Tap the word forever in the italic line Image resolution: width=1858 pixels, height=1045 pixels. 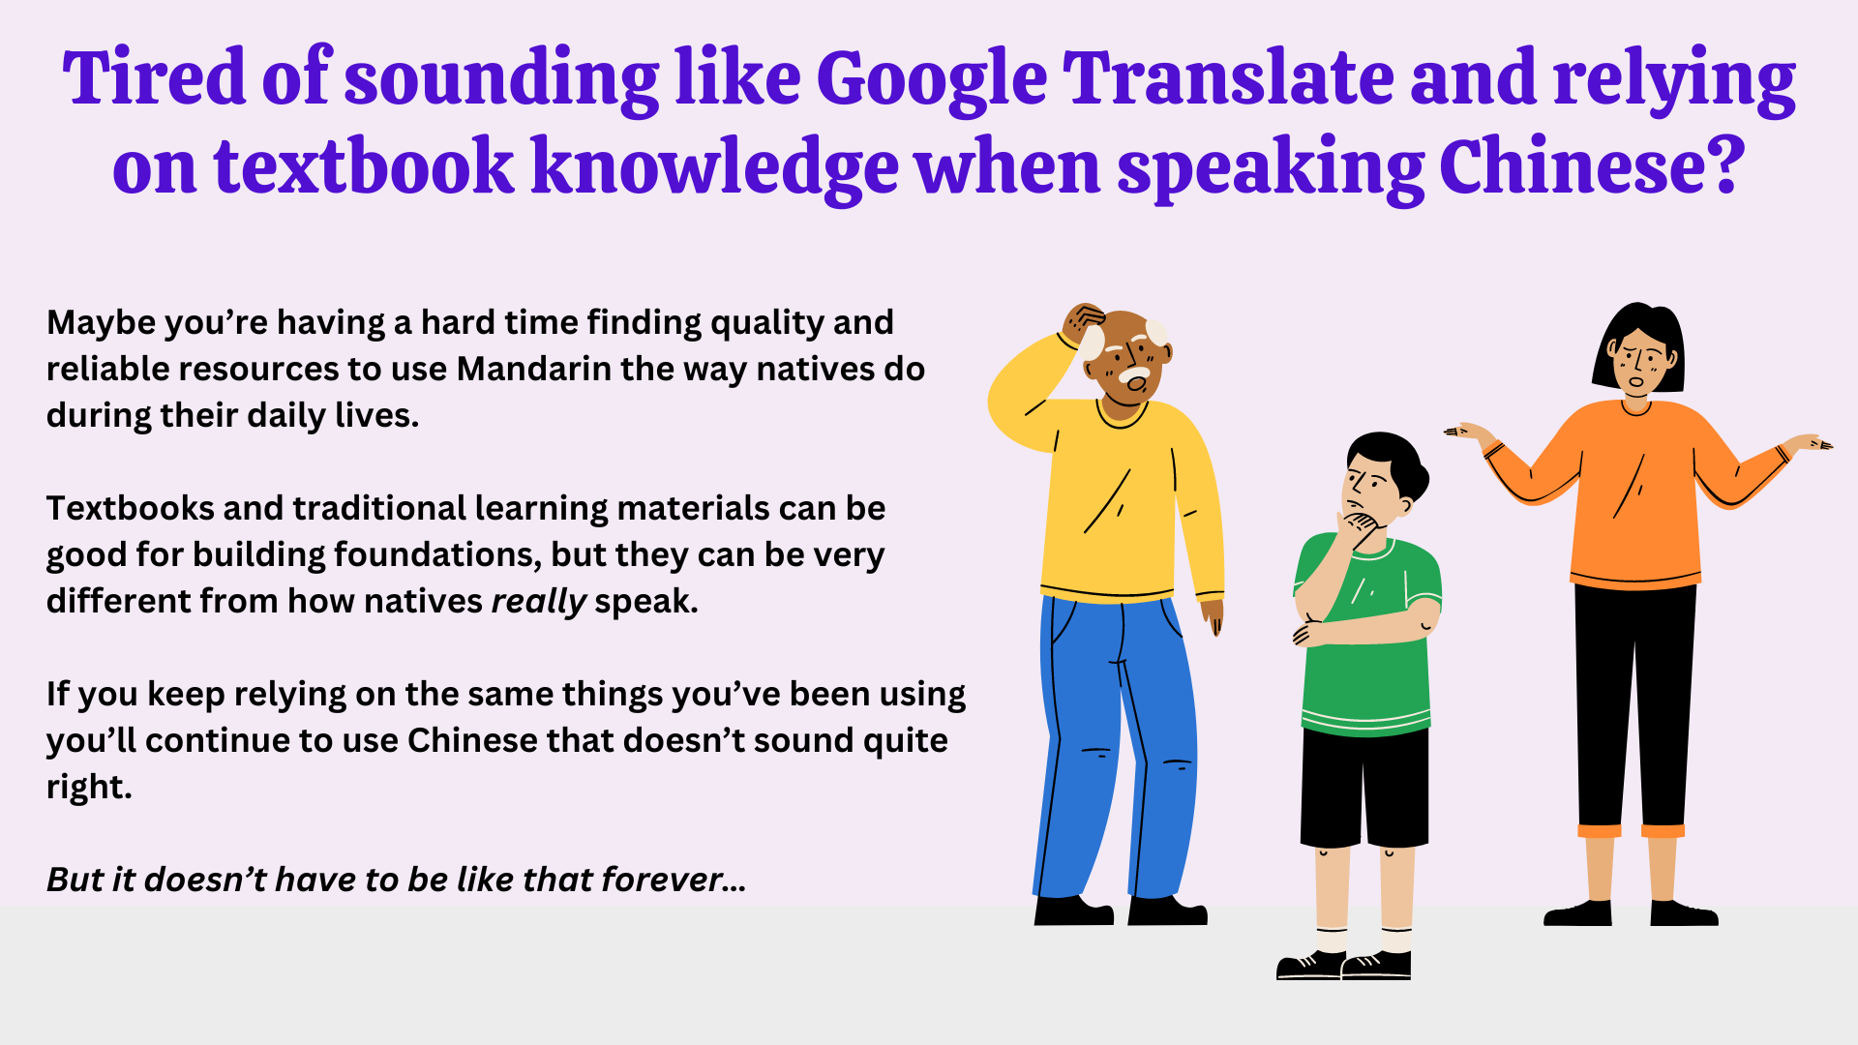pyautogui.click(x=662, y=880)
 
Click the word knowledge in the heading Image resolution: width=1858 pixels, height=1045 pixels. pyautogui.click(x=715, y=167)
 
